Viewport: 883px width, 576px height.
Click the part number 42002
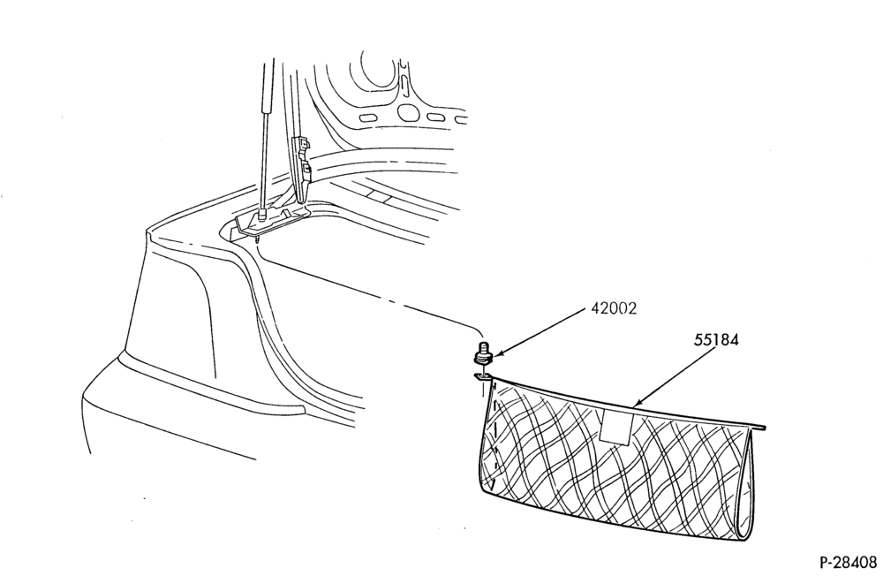pos(614,308)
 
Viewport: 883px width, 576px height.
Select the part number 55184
pos(716,340)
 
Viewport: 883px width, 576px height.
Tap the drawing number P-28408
pos(848,562)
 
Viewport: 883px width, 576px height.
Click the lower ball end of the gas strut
pos(261,215)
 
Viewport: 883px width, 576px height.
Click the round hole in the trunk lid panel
pos(407,112)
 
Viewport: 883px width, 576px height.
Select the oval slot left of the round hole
pos(367,118)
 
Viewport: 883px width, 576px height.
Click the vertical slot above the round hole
pos(404,82)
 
